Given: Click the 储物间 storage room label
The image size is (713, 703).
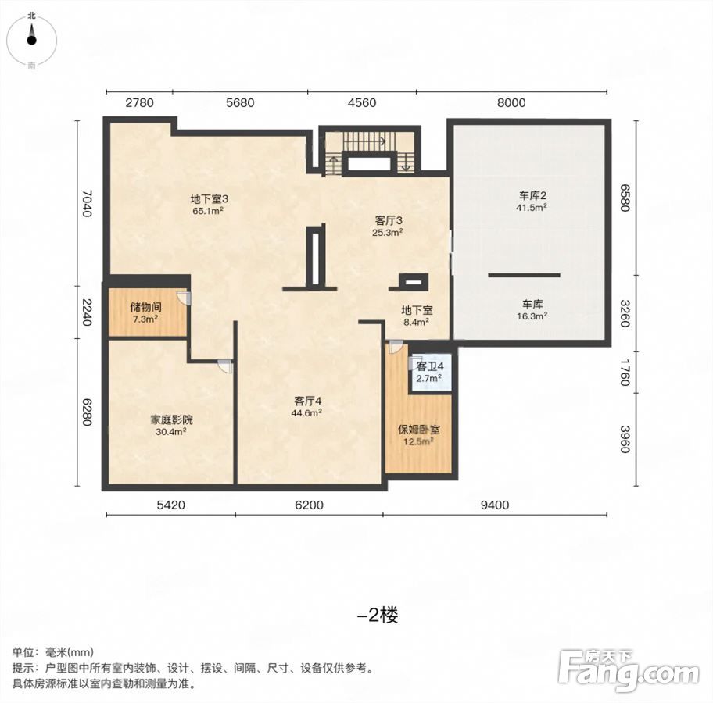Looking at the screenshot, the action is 145,307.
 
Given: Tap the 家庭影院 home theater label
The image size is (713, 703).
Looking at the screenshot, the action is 171,419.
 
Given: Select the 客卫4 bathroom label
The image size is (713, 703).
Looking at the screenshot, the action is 430,366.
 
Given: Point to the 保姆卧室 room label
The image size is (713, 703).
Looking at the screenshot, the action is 419,430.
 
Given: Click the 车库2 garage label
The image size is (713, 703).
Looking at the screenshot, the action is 532,196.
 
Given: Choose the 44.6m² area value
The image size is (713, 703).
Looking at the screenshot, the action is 307,413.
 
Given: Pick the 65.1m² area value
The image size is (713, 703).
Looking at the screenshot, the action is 208,211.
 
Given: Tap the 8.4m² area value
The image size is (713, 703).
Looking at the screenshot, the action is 417,322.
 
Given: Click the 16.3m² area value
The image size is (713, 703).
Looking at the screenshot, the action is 532,316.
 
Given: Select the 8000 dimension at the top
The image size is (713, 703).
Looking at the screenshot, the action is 511,102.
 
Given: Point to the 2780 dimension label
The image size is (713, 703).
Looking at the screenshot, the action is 140,102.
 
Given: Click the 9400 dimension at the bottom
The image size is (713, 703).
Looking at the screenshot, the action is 495,505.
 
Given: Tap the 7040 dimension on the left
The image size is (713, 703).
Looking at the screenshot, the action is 87,204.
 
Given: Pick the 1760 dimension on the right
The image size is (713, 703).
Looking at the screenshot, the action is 625,373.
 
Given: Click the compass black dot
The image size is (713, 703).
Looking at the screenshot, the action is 31,41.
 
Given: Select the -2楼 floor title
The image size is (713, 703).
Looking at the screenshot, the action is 378,616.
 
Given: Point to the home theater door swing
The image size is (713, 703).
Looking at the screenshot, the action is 225,366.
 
